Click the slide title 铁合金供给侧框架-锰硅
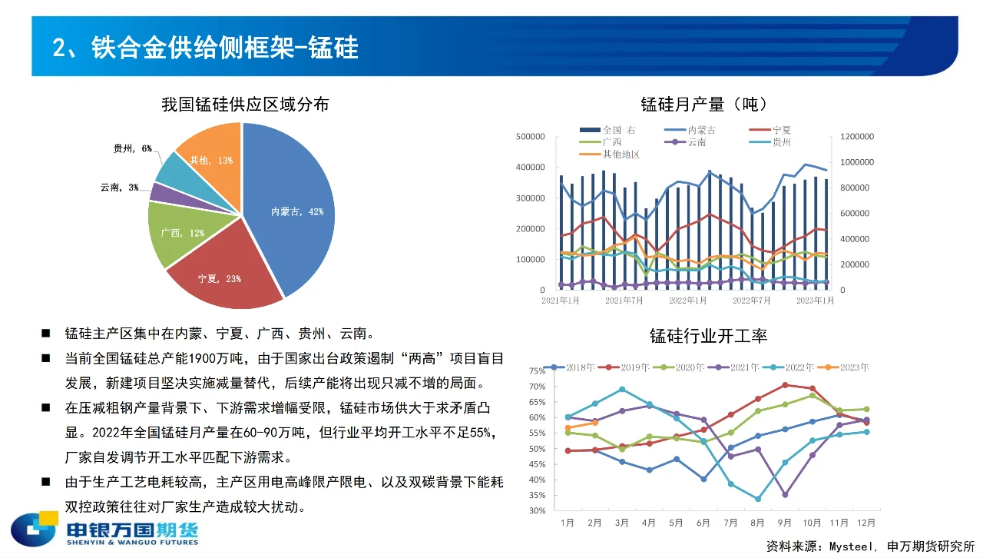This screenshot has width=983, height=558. pos(205,48)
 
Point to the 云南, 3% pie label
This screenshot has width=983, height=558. pos(119,187)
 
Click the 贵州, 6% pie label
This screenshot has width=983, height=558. pos(133,148)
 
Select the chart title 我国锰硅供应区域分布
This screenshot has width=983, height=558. pos(245,104)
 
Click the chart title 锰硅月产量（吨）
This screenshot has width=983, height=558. pos(703,104)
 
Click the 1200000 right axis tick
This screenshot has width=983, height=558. pos(856,137)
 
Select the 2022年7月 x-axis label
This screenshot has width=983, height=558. pos(751,301)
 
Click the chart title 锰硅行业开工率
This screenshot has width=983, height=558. pos(708,335)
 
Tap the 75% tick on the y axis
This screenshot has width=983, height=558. pos(536,370)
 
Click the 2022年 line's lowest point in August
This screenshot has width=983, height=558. pos(758,499)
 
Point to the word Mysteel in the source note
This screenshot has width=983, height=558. pos(852,546)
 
